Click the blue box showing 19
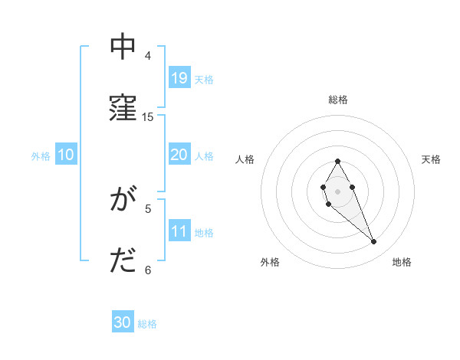tap(179, 78)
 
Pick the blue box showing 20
tap(179, 155)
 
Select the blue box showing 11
tap(179, 231)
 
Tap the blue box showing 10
tap(65, 155)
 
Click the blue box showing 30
tap(123, 323)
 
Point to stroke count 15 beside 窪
tap(148, 117)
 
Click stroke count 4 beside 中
tap(148, 56)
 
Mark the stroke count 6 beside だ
tap(148, 270)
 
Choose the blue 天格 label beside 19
tap(204, 80)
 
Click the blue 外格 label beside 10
tap(41, 156)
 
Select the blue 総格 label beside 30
tap(147, 324)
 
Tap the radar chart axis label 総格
tap(338, 100)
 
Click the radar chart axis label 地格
tap(402, 262)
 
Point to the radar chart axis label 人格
tap(245, 159)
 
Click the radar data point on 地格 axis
tap(374, 242)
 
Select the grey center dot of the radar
tap(337, 190)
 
